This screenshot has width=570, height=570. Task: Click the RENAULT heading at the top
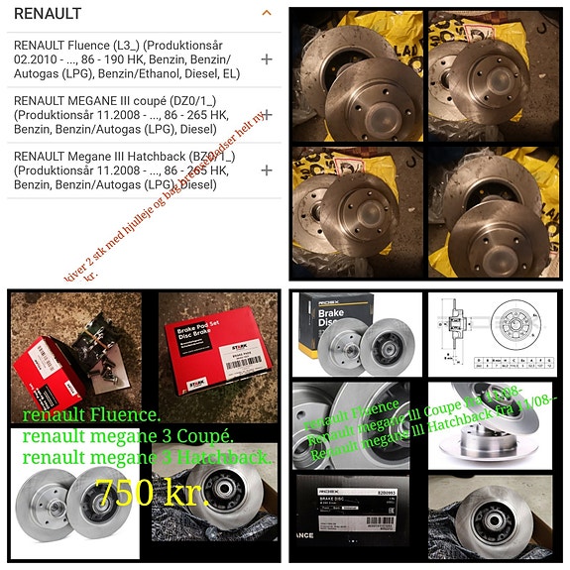click(48, 14)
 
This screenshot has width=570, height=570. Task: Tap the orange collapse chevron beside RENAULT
click(266, 14)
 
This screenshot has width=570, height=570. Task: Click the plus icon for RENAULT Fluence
click(266, 59)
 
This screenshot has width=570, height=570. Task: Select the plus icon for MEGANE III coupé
click(266, 115)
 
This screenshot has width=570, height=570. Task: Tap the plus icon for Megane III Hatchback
click(266, 170)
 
